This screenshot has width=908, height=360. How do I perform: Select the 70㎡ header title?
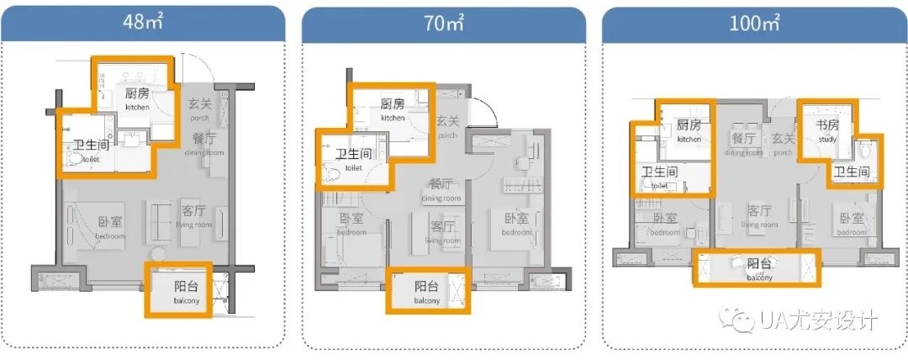pos(443,22)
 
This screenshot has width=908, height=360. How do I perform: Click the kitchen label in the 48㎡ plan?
pos(138,98)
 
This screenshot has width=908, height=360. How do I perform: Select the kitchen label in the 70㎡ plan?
pos(393,109)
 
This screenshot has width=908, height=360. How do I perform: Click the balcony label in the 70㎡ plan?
pos(427,292)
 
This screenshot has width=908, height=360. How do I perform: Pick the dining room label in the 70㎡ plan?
pos(441,189)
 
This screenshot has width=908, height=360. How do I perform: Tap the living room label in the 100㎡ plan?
pos(760,216)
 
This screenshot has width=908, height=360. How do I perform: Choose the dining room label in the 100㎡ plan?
pos(744,143)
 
